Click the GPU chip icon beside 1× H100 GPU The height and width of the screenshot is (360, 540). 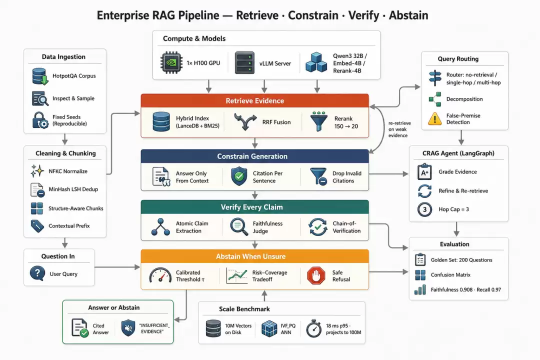tap(171, 62)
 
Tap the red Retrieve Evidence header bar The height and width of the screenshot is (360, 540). tap(255, 101)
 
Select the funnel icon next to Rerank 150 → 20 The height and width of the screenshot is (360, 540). tap(318, 121)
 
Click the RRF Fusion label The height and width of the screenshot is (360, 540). tap(276, 122)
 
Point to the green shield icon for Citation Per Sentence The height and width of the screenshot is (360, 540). tap(239, 176)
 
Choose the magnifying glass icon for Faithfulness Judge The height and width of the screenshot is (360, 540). tap(239, 226)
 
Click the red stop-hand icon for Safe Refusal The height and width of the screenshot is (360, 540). tap(316, 275)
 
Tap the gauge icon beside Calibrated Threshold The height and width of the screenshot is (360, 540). tap(160, 275)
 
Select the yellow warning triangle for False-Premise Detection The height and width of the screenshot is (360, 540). tap(435, 118)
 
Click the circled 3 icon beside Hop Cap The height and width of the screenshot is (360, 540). tap(424, 209)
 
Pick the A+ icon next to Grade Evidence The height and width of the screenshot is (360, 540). tap(424, 172)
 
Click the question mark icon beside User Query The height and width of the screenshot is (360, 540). tap(37, 273)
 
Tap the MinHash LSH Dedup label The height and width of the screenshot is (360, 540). tap(73, 189)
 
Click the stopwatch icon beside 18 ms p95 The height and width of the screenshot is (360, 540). tap(313, 328)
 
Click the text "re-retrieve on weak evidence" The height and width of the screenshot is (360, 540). tap(399, 129)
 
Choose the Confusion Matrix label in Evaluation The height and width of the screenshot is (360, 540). tap(450, 274)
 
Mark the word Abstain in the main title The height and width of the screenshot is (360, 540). tap(408, 15)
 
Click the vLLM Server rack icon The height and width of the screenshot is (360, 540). tap(244, 62)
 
